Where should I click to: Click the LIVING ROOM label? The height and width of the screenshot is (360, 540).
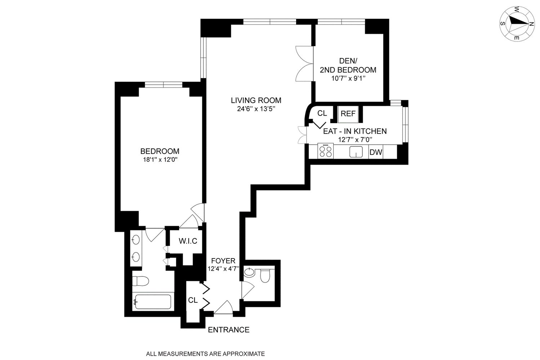(x=256, y=100)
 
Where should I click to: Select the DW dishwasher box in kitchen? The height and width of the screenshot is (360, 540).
(x=376, y=152)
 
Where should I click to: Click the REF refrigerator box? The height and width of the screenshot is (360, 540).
(x=348, y=114)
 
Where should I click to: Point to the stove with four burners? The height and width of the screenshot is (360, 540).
(x=326, y=151)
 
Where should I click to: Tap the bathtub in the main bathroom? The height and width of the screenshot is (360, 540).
(x=152, y=302)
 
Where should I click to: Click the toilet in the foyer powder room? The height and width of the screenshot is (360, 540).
(x=265, y=276)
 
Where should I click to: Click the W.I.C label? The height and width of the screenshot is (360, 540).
(x=188, y=241)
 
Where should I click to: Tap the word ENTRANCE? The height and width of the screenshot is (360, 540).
(x=229, y=330)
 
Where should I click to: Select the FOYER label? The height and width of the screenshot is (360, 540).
(x=223, y=261)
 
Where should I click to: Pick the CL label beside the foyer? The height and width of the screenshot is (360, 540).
(x=193, y=300)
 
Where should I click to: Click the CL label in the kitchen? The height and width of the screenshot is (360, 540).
(x=322, y=113)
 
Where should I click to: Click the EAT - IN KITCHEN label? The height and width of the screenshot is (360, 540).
(x=354, y=131)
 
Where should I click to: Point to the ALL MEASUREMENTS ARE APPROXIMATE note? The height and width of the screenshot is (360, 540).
(x=205, y=354)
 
